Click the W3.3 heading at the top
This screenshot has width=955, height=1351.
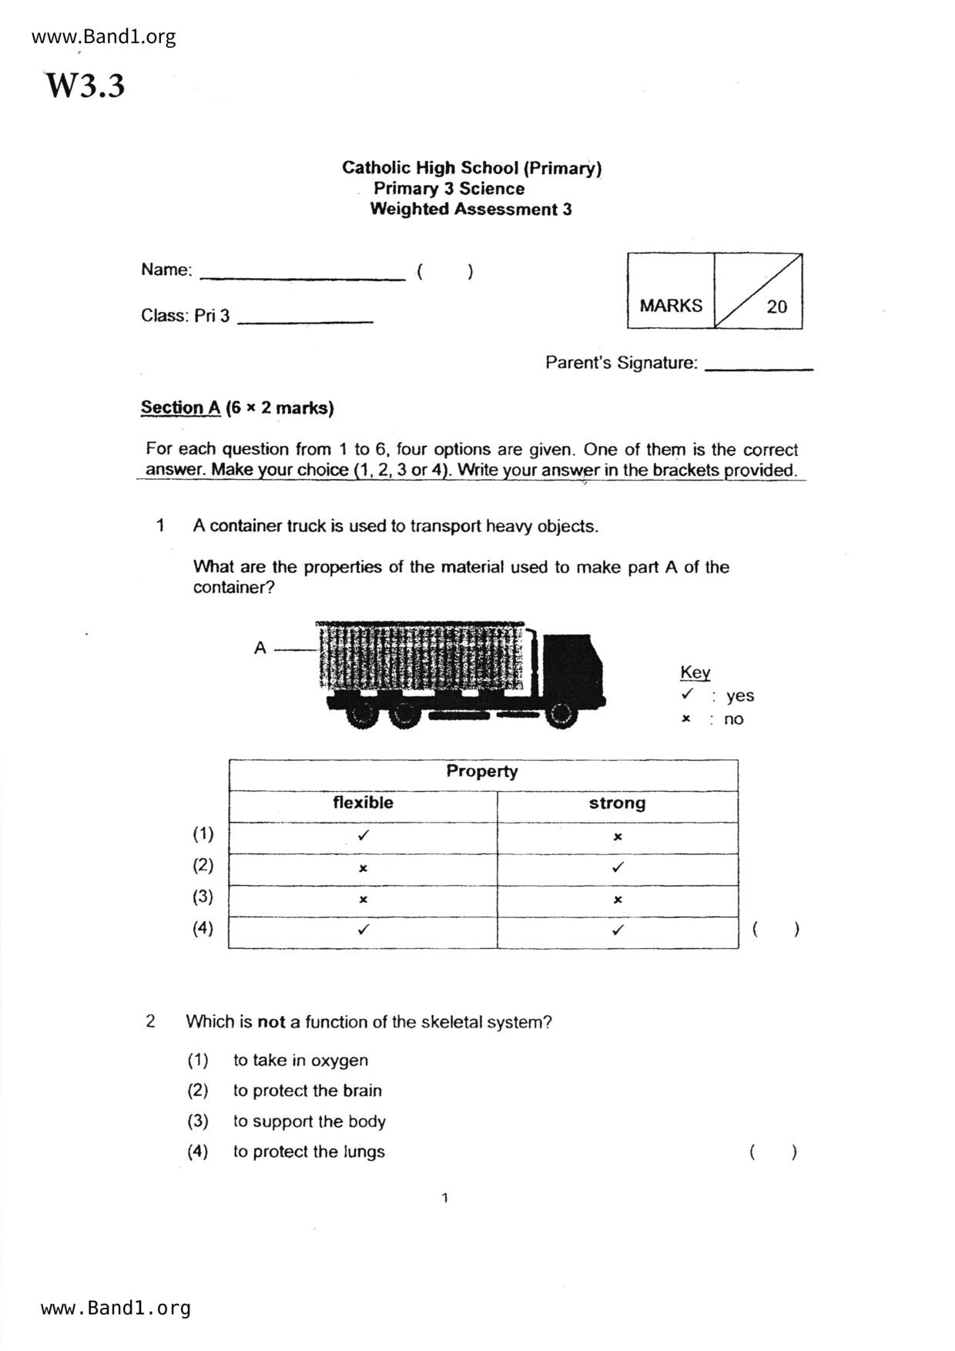[x=85, y=85]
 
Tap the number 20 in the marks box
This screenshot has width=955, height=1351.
[x=776, y=307]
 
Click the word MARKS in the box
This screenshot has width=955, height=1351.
[x=671, y=306]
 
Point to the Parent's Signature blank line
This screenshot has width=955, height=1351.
[x=759, y=369]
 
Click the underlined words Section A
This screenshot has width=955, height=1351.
[x=180, y=407]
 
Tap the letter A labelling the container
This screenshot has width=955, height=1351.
[x=260, y=648]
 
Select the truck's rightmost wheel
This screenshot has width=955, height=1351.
[x=561, y=715]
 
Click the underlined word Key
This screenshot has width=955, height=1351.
[x=695, y=672]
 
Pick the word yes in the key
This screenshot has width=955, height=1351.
[x=740, y=696]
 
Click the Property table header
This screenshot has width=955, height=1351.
[x=482, y=771]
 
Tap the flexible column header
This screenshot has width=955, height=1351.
[x=363, y=803]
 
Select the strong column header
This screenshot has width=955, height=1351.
[x=617, y=803]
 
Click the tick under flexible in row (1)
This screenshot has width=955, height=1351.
[x=364, y=835]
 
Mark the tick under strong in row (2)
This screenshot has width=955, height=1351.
[x=617, y=867]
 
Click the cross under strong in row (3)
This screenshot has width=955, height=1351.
[x=617, y=899]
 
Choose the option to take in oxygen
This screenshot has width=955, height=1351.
[x=300, y=1060]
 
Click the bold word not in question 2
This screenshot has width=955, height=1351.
[x=271, y=1022]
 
